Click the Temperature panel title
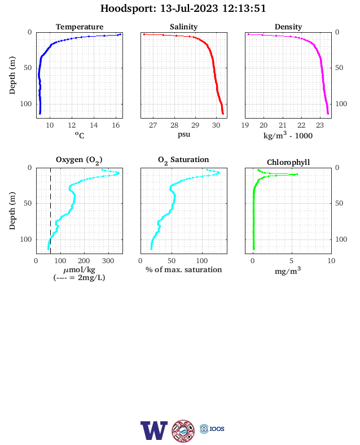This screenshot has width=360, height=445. pyautogui.click(x=80, y=27)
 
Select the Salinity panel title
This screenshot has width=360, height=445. pyautogui.click(x=184, y=27)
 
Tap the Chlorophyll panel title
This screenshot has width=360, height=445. pyautogui.click(x=288, y=162)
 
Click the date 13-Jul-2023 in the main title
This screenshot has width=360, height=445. pyautogui.click(x=189, y=8)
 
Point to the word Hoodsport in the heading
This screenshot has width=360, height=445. pyautogui.click(x=128, y=8)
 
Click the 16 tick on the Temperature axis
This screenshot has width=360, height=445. pyautogui.click(x=116, y=125)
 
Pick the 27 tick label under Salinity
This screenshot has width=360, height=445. pyautogui.click(x=153, y=125)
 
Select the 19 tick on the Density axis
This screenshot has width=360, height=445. pyautogui.click(x=245, y=125)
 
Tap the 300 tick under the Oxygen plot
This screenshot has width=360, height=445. pyautogui.click(x=108, y=261)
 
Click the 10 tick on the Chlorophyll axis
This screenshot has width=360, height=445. pyautogui.click(x=331, y=261)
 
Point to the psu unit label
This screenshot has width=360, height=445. pyautogui.click(x=184, y=134)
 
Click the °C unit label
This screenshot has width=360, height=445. pyautogui.click(x=80, y=135)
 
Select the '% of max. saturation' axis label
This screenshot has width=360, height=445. pyautogui.click(x=184, y=269)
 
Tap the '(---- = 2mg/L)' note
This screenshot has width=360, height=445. pyautogui.click(x=80, y=277)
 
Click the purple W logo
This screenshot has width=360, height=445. pyautogui.click(x=154, y=430)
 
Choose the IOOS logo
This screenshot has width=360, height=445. pyautogui.click(x=212, y=429)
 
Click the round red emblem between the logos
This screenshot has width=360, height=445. pyautogui.click(x=183, y=431)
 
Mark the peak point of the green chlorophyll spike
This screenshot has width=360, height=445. pyautogui.click(x=297, y=174)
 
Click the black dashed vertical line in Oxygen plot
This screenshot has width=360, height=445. pyautogui.click(x=50, y=211)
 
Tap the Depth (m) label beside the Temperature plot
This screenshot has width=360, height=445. pyautogui.click(x=12, y=75)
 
